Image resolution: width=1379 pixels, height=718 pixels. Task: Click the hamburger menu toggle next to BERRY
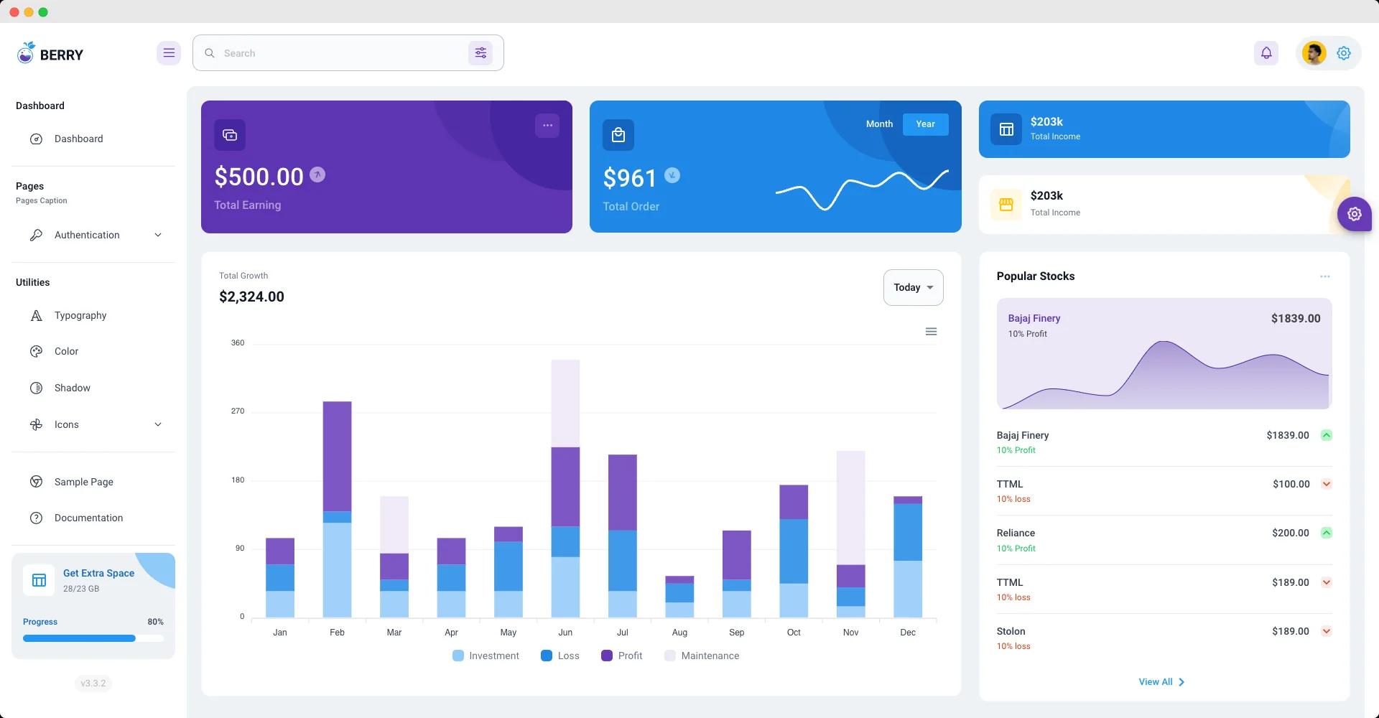coord(169,53)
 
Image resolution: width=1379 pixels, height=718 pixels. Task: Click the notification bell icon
coord(1266,53)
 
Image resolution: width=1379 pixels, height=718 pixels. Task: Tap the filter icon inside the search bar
coord(480,53)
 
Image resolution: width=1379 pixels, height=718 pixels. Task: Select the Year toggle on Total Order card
coord(925,124)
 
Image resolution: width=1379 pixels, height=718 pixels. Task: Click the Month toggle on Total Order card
coord(879,124)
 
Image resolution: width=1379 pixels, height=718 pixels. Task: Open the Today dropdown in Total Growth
coord(913,287)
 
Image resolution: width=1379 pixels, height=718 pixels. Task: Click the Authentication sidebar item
coord(87,235)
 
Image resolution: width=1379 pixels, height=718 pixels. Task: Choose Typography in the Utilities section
coord(80,315)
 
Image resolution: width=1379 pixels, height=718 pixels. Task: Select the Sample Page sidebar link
coord(83,482)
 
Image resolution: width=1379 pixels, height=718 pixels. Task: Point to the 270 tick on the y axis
coord(238,411)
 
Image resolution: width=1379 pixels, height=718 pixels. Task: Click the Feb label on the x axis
coord(337,633)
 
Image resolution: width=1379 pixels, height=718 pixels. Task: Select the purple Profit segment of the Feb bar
coord(337,456)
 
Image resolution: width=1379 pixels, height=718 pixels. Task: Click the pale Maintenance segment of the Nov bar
coord(850,507)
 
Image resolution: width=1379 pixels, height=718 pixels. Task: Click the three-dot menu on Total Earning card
coord(547,126)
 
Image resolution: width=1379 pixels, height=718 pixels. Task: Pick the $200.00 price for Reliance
coord(1290,533)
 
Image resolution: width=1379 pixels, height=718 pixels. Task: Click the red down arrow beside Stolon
coord(1327,632)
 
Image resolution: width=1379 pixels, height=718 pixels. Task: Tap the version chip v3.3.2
coord(93,684)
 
